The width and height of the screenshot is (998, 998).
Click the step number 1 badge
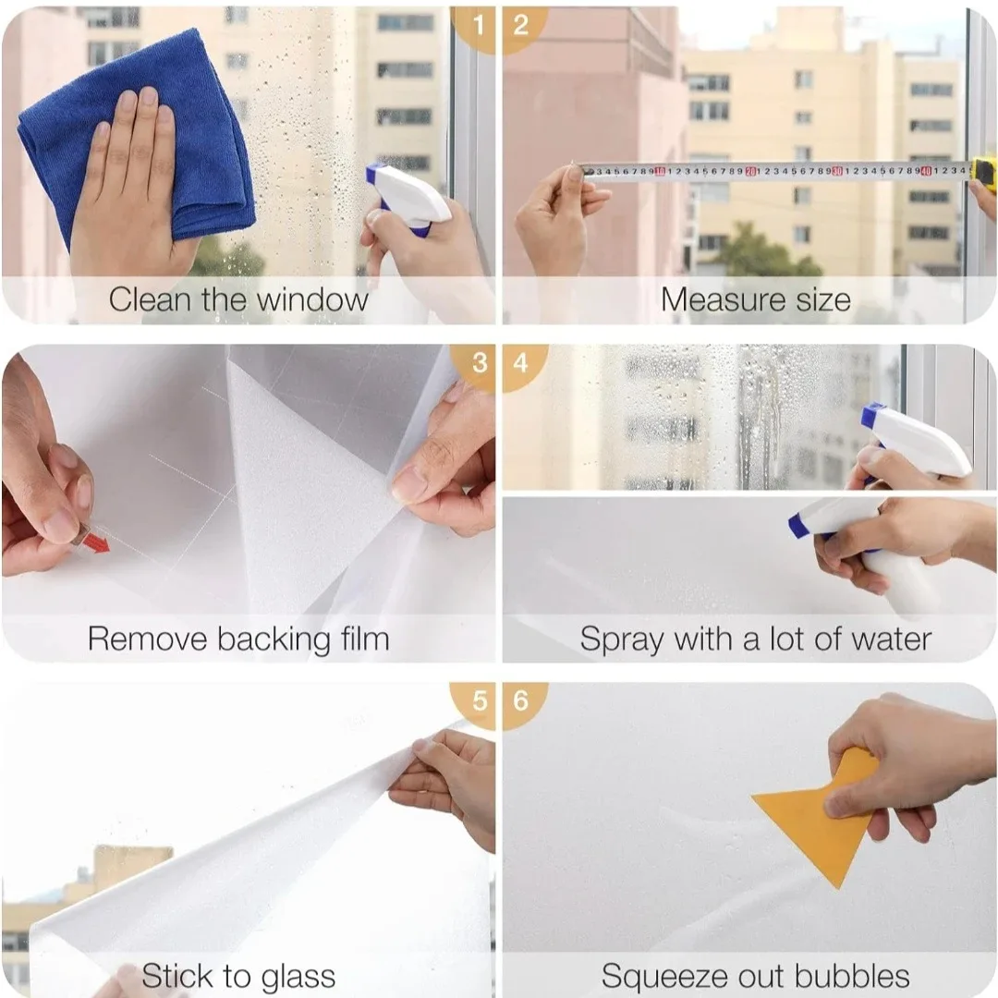478,25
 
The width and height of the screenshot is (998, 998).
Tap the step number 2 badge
521,25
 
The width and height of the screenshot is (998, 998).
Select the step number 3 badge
478,362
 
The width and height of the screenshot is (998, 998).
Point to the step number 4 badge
521,362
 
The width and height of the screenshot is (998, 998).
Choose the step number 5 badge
478,701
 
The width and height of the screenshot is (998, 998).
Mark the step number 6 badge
521,701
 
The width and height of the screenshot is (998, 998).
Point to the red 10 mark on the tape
660,171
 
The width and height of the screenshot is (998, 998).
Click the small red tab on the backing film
93,541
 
